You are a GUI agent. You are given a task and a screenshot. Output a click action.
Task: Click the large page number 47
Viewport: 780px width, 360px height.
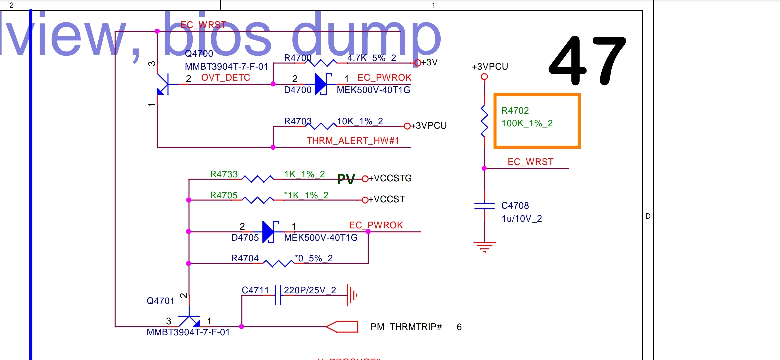[x=587, y=61]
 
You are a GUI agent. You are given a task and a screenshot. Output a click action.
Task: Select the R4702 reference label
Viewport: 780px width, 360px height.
[x=515, y=111]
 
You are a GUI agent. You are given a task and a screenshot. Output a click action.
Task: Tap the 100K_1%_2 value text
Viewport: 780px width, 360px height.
[x=527, y=123]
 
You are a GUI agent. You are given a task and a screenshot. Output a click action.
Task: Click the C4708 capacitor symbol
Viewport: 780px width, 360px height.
[x=484, y=206]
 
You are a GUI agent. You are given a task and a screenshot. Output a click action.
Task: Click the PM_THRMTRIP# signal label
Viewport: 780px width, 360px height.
[x=406, y=327]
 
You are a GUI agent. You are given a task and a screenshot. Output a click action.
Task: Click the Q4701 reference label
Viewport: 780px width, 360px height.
[x=160, y=301]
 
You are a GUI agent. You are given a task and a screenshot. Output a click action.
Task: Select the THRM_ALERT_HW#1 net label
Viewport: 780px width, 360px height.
[x=353, y=141]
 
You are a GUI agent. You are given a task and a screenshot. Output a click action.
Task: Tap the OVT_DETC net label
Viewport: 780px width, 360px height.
[x=225, y=78]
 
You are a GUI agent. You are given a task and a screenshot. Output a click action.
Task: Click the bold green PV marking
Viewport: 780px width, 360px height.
[x=346, y=179]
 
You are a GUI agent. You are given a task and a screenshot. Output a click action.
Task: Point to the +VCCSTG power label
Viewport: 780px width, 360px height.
[x=393, y=178]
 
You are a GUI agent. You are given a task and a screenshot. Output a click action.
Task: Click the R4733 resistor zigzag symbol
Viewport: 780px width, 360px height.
[x=258, y=179]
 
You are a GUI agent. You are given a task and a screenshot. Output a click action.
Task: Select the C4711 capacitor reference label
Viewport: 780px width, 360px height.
[x=255, y=290]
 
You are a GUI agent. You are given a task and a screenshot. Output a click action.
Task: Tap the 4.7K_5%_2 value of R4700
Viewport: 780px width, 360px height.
[x=372, y=58]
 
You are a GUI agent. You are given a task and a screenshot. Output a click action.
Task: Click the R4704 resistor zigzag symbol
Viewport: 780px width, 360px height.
[x=278, y=263]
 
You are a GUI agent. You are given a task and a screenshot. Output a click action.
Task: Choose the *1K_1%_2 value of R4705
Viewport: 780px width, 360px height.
[x=306, y=195]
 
